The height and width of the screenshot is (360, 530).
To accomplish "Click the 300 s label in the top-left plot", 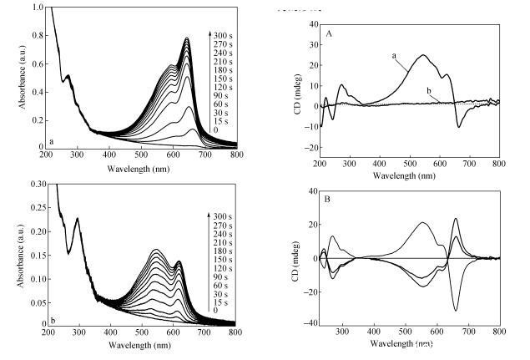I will click(x=223, y=35).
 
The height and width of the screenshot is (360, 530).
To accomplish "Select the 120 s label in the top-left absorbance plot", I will click(x=223, y=87).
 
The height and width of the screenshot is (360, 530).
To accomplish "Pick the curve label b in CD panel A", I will click(x=428, y=90).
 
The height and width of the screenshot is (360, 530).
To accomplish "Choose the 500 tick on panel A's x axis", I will click(x=411, y=164).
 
